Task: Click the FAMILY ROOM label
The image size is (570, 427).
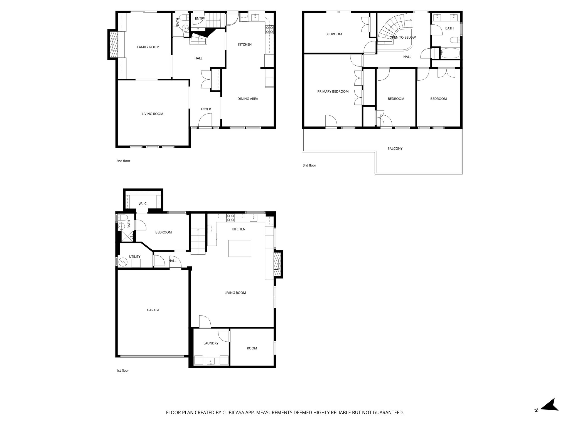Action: (148, 47)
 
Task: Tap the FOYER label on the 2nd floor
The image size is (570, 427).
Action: (206, 109)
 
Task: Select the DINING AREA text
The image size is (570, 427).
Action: (247, 99)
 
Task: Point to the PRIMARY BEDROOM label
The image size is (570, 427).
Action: (333, 91)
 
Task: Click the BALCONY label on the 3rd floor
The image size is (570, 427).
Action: (395, 149)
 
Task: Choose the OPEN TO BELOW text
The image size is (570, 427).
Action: (402, 38)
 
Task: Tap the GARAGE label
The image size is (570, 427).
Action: (153, 310)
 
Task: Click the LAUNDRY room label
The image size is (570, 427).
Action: (211, 343)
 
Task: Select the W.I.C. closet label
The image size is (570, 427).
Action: (143, 204)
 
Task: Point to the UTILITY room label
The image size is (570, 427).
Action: (135, 257)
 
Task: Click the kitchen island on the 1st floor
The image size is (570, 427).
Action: (240, 248)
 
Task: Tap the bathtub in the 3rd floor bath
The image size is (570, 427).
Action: (450, 53)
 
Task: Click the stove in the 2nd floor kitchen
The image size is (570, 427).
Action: (269, 29)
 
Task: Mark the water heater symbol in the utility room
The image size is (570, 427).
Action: (123, 262)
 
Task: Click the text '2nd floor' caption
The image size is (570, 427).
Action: (123, 161)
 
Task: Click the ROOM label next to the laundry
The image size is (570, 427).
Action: (252, 348)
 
